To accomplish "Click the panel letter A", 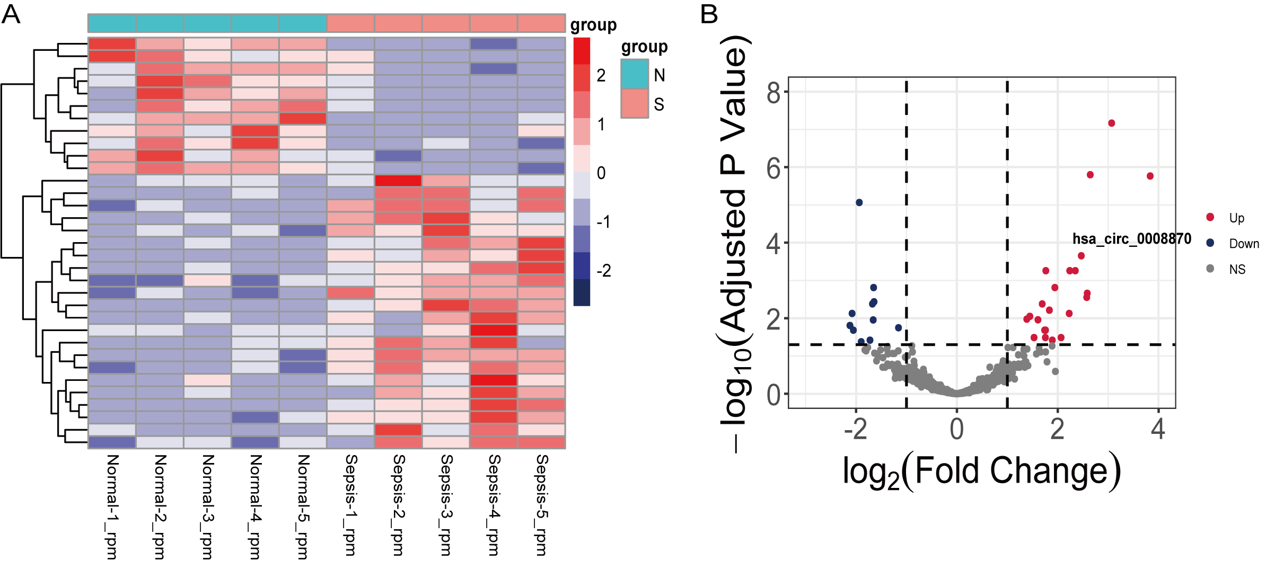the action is click(x=11, y=14).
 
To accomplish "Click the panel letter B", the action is click(x=709, y=14).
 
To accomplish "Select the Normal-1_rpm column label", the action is click(x=112, y=506).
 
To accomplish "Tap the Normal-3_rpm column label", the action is click(x=208, y=506).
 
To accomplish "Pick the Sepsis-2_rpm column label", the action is click(x=399, y=505).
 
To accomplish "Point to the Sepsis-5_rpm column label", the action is click(x=542, y=505).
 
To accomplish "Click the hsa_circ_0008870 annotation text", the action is click(x=1132, y=239).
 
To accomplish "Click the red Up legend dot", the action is click(x=1210, y=217).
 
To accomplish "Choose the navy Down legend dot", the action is click(x=1210, y=243).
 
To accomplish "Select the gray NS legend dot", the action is click(x=1210, y=269).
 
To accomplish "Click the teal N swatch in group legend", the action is click(x=635, y=74).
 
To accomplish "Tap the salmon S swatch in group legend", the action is click(x=635, y=103).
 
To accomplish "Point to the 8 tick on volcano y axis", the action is click(x=773, y=93).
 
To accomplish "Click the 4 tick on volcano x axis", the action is click(x=1158, y=429).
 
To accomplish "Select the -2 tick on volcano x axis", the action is click(x=856, y=429).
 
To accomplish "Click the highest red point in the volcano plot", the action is click(x=1112, y=123).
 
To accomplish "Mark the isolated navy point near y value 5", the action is click(x=859, y=202).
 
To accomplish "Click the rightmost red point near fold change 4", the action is click(x=1150, y=176).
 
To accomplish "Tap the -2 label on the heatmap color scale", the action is click(x=604, y=271).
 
